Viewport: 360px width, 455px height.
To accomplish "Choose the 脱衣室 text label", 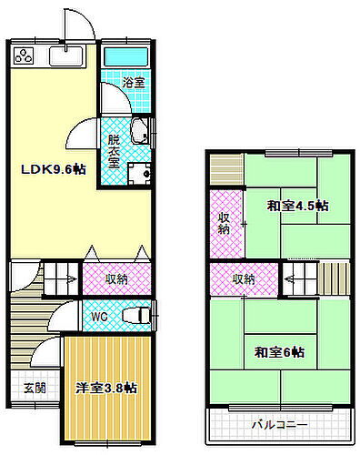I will click(x=114, y=148).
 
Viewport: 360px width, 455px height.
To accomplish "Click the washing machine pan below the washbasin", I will click(x=138, y=173).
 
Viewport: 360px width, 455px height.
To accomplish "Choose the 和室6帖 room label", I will click(x=279, y=351).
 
